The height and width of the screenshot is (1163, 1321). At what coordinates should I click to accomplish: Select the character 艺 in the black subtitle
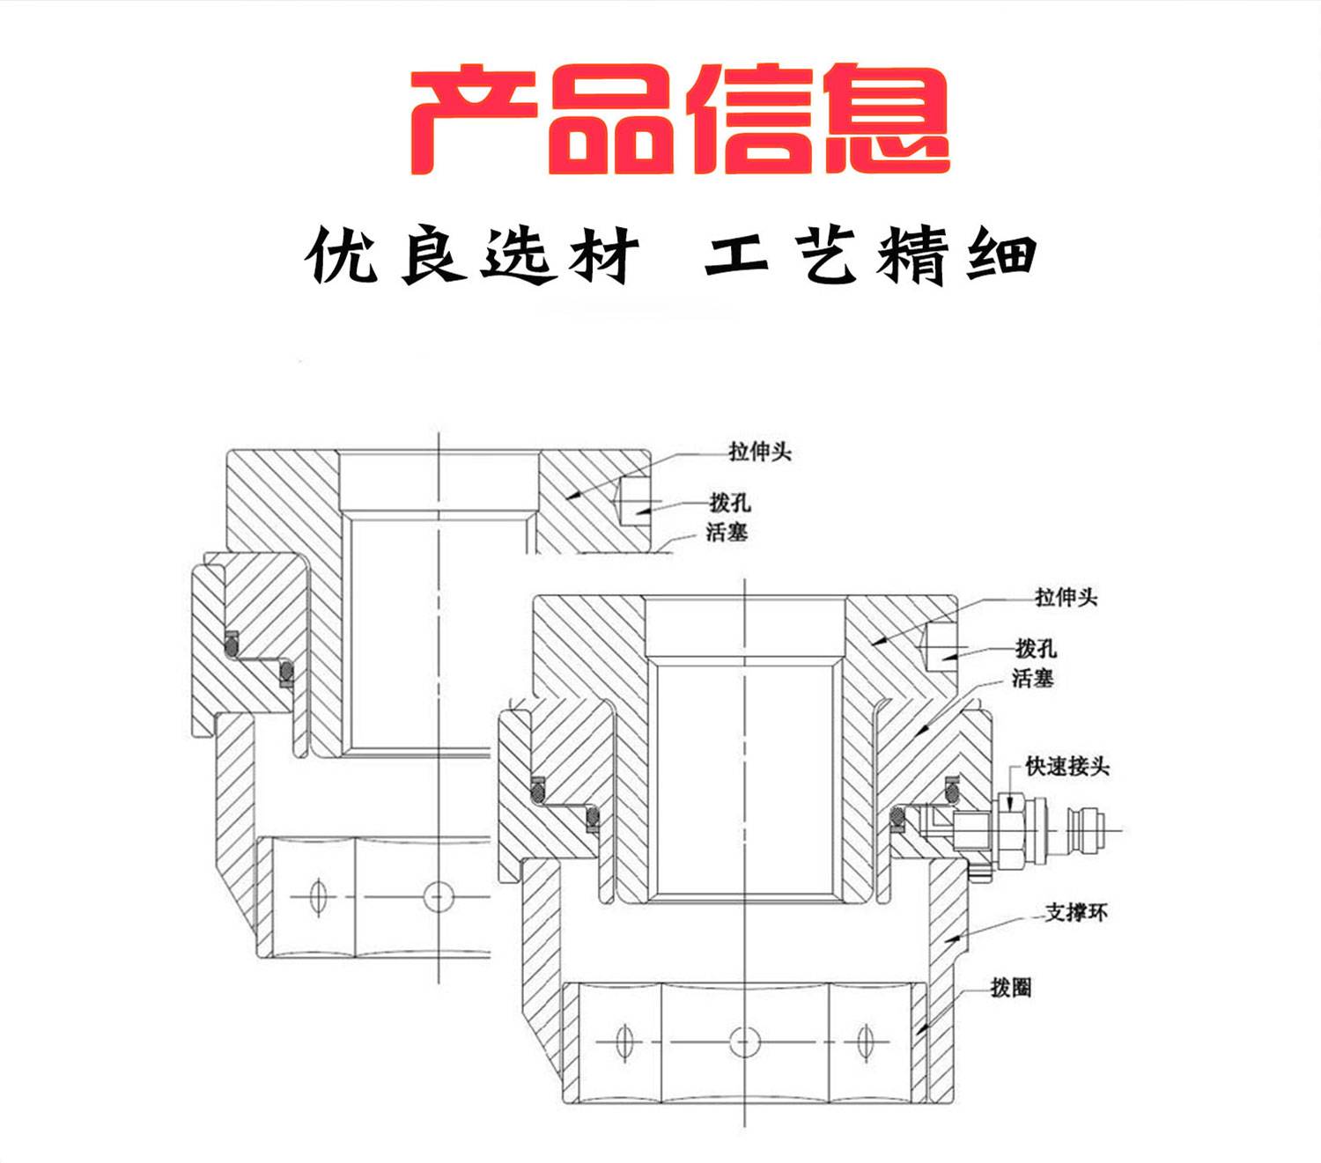(x=830, y=256)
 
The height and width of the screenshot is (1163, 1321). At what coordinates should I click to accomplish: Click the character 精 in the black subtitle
(x=916, y=256)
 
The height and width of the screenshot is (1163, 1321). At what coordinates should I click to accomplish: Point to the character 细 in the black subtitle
(x=1002, y=256)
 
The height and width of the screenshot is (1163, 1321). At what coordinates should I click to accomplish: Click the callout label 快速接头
(x=1067, y=767)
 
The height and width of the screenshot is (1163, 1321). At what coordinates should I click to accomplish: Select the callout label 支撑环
(x=1076, y=913)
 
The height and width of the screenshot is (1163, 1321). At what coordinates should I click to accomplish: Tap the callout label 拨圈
(x=1010, y=988)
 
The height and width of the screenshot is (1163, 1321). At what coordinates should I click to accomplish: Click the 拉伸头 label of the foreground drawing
(x=1066, y=598)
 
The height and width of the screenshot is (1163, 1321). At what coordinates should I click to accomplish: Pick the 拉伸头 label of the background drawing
(x=760, y=452)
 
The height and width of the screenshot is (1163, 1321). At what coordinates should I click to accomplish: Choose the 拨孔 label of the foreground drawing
(x=1036, y=649)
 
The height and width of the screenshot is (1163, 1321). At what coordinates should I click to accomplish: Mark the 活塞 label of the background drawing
(x=727, y=532)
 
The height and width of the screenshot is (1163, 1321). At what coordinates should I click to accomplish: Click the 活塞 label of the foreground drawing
(x=1032, y=678)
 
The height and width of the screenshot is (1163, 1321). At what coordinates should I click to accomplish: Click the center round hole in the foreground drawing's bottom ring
(x=744, y=1042)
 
